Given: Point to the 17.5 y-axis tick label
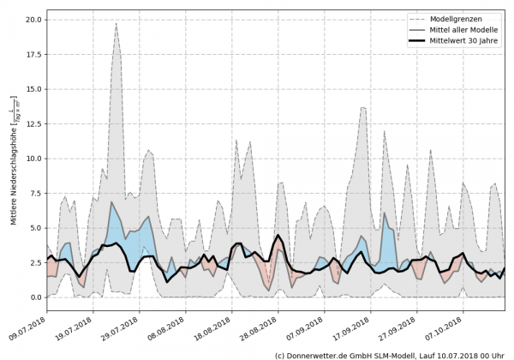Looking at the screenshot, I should pyautogui.click(x=32, y=54).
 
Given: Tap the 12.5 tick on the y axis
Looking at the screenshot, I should pyautogui.click(x=32, y=123).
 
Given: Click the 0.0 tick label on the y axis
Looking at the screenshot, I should pyautogui.click(x=34, y=297).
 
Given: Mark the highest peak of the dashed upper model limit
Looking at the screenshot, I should pyautogui.click(x=117, y=23).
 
